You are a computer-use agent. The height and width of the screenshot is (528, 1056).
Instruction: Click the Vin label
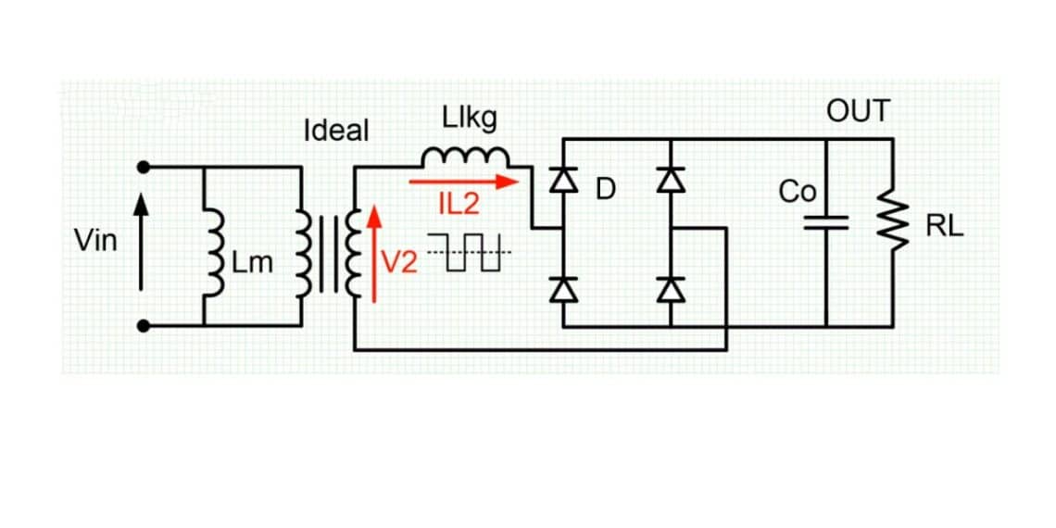click(x=95, y=242)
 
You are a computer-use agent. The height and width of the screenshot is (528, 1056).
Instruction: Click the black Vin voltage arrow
click(x=142, y=244)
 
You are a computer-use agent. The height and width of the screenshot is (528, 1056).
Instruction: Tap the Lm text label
click(x=252, y=264)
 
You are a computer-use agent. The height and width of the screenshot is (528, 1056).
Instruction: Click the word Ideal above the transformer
click(x=335, y=131)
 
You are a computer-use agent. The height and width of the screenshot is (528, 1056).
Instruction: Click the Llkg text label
click(x=470, y=119)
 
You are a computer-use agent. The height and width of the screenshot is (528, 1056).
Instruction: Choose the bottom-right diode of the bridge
click(x=670, y=291)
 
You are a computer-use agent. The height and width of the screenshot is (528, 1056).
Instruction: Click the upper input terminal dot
click(x=143, y=168)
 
